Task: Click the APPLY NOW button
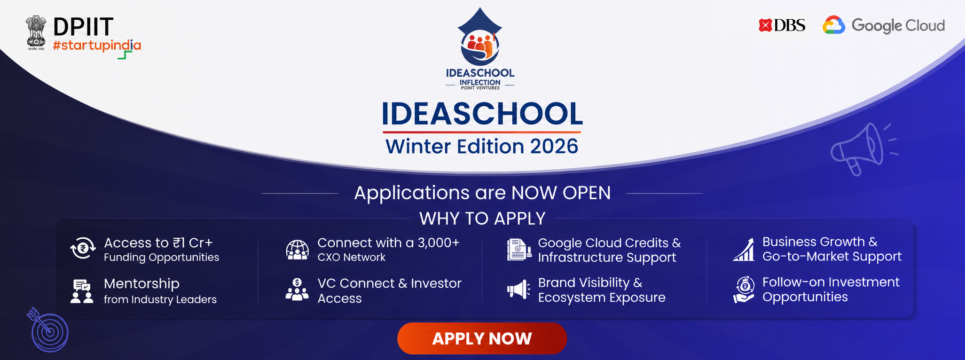click(x=482, y=338)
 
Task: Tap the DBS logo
click(x=782, y=25)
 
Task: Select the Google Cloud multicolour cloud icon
click(x=833, y=25)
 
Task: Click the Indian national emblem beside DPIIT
click(x=36, y=32)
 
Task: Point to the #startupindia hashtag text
click(x=97, y=46)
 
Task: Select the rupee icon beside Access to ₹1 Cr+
click(x=83, y=248)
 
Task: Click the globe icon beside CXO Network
click(x=297, y=250)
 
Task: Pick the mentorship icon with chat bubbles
click(x=82, y=291)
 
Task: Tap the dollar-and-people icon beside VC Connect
click(x=297, y=290)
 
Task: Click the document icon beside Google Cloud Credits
click(x=519, y=250)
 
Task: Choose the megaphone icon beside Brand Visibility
click(x=518, y=290)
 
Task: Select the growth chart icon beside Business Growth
click(x=744, y=249)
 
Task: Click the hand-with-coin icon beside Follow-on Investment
click(x=744, y=290)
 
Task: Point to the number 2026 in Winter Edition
click(x=554, y=146)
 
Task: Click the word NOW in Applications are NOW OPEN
click(x=534, y=193)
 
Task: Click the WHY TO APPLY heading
click(x=482, y=219)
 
